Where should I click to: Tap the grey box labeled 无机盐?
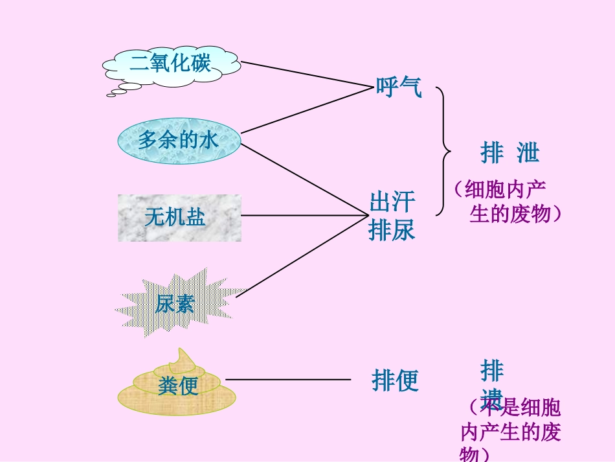179,218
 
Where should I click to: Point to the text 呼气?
399,86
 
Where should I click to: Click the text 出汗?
392,202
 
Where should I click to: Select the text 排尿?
392,229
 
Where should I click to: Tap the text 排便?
395,380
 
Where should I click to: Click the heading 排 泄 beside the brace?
509,154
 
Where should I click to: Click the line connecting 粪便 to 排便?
287,380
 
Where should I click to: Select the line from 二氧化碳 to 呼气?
304,75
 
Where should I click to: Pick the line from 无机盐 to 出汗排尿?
304,215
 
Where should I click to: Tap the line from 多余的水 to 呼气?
304,110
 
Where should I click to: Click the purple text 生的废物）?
515,214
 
